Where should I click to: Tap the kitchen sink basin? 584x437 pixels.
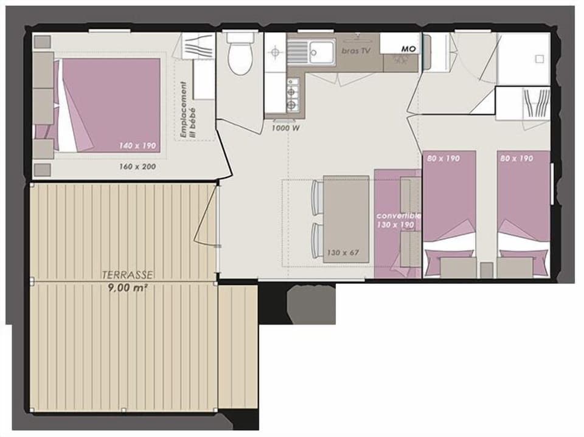(321, 51)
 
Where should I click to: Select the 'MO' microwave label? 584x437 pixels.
(409, 49)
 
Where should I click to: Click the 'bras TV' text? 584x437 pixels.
(356, 51)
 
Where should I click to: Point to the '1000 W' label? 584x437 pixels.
(285, 128)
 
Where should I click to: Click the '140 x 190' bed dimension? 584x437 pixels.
(137, 146)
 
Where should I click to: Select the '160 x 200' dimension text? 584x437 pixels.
(137, 165)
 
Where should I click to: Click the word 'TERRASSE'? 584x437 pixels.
(128, 275)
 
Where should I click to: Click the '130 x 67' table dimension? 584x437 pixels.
(342, 252)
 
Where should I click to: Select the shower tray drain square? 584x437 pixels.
(538, 59)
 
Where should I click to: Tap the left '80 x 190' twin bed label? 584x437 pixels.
(442, 159)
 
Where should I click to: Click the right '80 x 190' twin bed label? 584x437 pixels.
(516, 159)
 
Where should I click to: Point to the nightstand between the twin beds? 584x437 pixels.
(486, 270)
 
